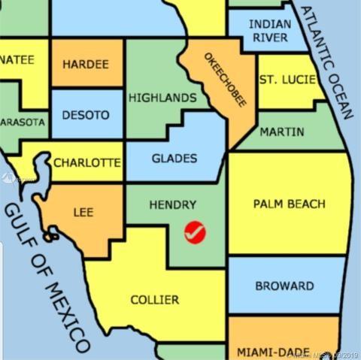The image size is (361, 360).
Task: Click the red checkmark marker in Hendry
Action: pos(195,233)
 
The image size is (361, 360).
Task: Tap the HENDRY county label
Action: pos(172,204)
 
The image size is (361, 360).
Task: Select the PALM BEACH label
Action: pos(289,204)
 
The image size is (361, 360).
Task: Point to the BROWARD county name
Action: pos(284,286)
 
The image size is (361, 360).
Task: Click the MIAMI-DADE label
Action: pos(272,352)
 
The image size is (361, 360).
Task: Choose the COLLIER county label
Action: pos(155,300)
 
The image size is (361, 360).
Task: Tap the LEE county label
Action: pos(83,213)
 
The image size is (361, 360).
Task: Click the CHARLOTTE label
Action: pos(86,162)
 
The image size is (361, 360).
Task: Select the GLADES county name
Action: pos(174,159)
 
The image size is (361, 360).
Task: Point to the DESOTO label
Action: pos(85,116)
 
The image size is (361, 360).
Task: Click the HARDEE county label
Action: pos(86,65)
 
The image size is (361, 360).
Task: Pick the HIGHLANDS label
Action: pos(162,98)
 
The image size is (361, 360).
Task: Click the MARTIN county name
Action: pos(282,132)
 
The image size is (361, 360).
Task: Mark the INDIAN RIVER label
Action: pos(270,31)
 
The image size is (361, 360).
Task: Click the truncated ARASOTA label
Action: pos(23,121)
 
